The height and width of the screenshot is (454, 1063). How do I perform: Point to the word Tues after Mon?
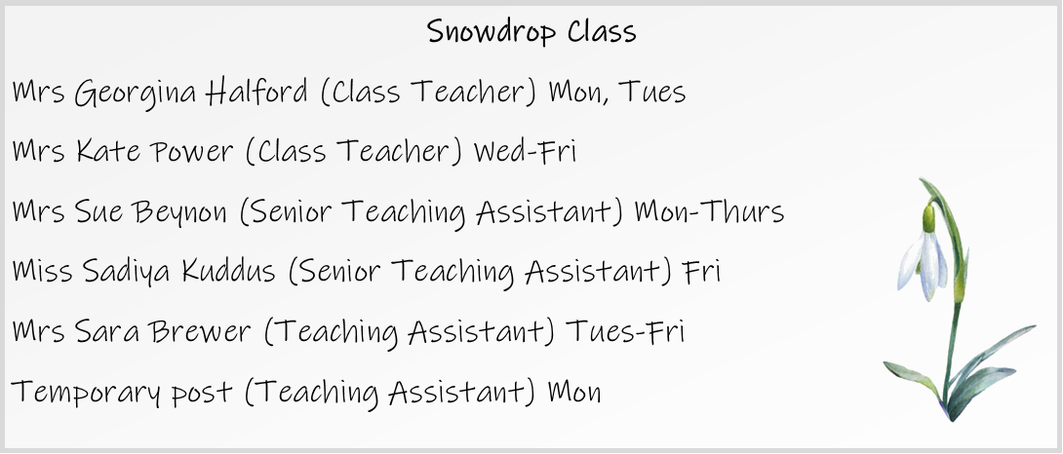coord(651,93)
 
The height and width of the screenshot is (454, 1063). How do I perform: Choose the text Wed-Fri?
coord(525,151)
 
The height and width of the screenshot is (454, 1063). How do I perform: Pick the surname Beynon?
coord(179,212)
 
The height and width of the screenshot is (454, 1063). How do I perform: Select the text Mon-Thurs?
coord(709,211)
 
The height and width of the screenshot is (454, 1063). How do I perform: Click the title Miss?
coord(42,272)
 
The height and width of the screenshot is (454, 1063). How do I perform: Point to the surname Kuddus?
coord(228,271)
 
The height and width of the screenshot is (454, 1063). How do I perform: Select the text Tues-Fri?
coord(624,331)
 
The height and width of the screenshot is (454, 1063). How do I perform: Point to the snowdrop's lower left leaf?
coord(912,377)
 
